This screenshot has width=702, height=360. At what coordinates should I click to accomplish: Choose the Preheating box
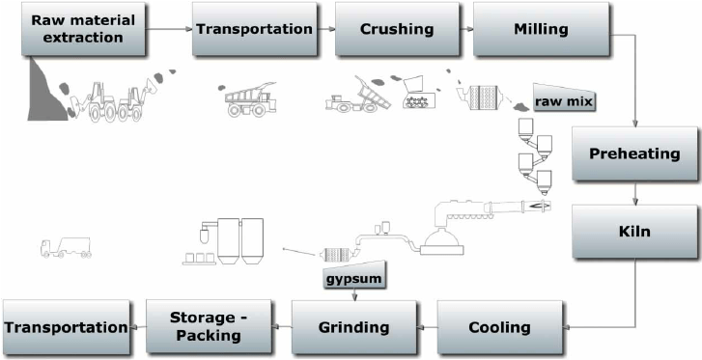click(634, 153)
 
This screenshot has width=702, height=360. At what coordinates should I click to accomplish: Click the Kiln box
click(634, 232)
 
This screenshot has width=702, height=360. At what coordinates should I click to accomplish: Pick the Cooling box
click(499, 326)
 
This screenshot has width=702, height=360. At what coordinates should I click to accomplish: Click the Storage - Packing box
click(209, 326)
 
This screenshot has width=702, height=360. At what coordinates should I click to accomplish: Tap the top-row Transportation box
click(255, 28)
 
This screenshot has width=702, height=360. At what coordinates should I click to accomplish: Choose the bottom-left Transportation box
click(67, 327)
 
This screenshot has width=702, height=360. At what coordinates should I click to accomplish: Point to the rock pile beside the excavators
click(48, 91)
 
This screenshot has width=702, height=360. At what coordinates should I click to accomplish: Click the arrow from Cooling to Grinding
click(426, 327)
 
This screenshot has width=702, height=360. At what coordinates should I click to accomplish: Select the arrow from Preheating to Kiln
click(634, 193)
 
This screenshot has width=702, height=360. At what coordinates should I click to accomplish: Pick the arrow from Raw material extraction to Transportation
click(159, 29)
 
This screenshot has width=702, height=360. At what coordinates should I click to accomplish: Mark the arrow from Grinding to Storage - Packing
click(282, 327)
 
